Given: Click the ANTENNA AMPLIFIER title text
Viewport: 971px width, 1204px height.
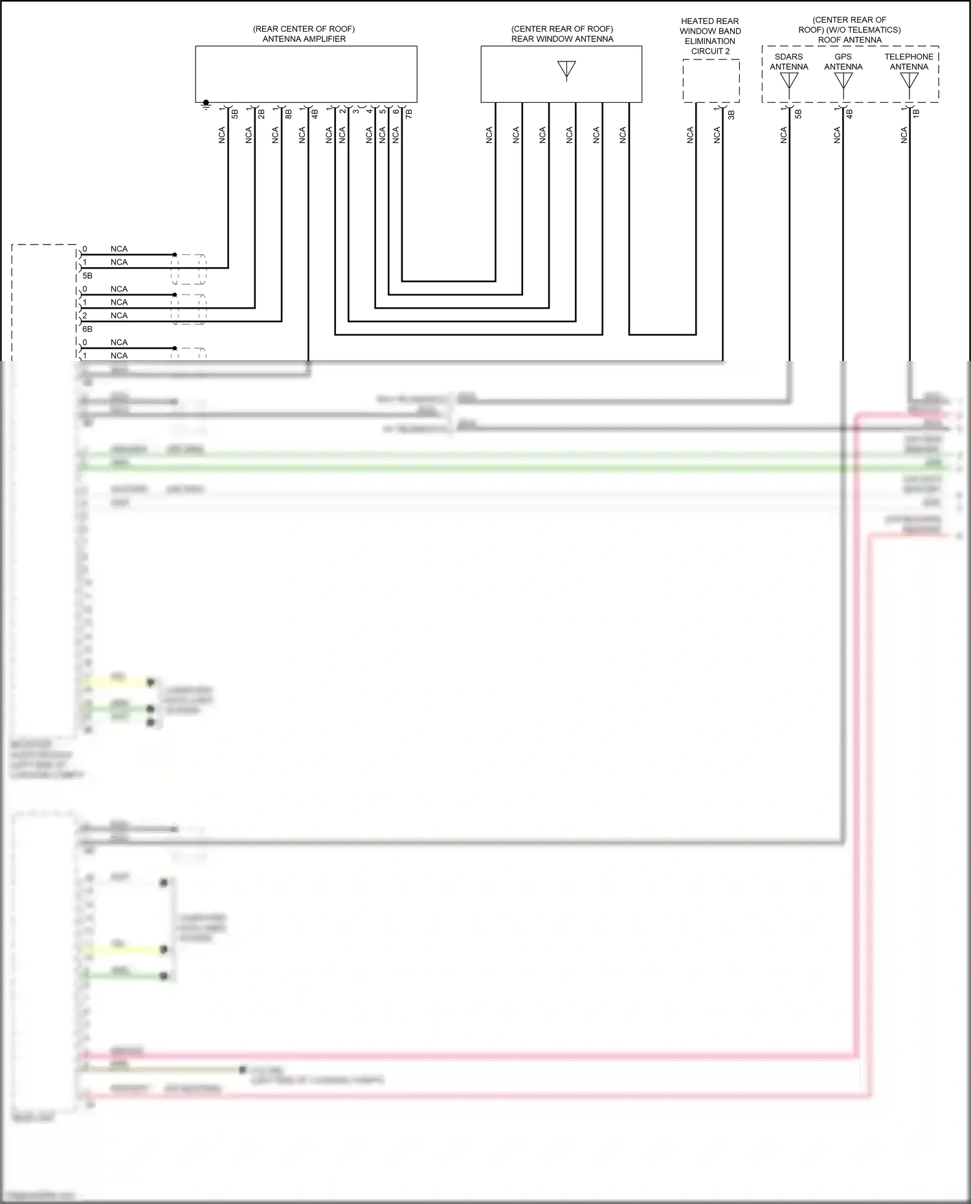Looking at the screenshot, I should [x=304, y=39].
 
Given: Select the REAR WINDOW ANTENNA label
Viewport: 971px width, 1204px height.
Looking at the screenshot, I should [x=562, y=39].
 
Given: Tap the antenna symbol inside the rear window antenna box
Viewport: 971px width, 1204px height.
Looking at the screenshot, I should [x=566, y=70].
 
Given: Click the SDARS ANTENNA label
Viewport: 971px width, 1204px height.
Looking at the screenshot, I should [x=788, y=61].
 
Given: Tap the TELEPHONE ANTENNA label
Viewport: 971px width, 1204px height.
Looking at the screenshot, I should [x=909, y=61].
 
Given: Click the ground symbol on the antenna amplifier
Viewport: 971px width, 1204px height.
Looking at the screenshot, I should [x=206, y=104].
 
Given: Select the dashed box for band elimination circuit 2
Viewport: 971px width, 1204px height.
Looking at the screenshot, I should [x=711, y=81].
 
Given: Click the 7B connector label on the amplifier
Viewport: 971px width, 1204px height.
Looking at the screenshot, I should [x=408, y=114].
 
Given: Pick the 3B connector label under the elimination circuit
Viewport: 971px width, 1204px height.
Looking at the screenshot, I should [x=731, y=115].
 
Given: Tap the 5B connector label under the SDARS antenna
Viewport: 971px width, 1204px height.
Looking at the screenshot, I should [x=798, y=114].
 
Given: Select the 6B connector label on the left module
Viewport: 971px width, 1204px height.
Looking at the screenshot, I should [x=87, y=329].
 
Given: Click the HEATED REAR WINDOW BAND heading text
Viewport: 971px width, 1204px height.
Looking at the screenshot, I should [x=709, y=26].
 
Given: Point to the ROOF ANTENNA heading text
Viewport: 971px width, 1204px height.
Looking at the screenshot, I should [x=849, y=40].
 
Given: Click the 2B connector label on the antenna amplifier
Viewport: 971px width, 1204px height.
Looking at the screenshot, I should [x=262, y=114].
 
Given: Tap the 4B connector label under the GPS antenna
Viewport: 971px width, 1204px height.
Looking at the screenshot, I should [x=849, y=114].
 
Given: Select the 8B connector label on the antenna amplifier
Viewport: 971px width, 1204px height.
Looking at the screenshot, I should [x=288, y=114].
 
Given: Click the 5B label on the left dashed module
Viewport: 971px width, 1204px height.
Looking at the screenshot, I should [x=87, y=276].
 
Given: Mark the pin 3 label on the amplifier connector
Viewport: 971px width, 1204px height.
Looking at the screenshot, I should [x=355, y=111].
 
